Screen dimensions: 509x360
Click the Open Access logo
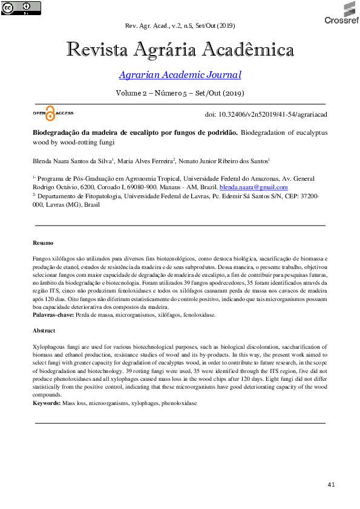pyautogui.click(x=54, y=113)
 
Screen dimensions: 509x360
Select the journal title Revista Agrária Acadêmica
pyautogui.click(x=180, y=50)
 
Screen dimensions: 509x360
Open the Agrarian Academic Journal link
pyautogui.click(x=180, y=75)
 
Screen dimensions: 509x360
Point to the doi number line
pyautogui.click(x=266, y=114)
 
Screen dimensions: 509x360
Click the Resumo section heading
pyautogui.click(x=43, y=242)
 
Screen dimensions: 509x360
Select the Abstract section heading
pyautogui.click(x=44, y=331)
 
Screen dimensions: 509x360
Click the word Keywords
pyautogui.click(x=46, y=402)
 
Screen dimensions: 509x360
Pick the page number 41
pyautogui.click(x=330, y=485)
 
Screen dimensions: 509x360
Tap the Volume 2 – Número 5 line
pyautogui.click(x=180, y=94)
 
